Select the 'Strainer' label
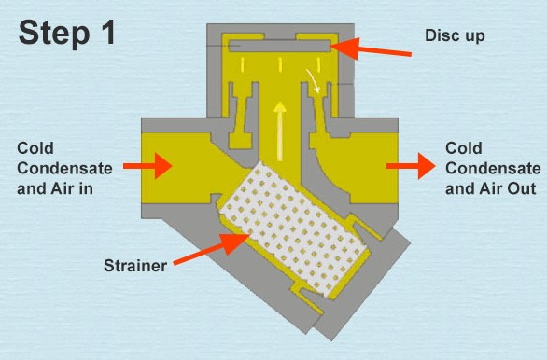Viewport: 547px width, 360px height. coord(135,265)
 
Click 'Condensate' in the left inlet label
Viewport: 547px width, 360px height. coord(63,168)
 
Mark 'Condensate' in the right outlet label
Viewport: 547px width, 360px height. coord(492,168)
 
